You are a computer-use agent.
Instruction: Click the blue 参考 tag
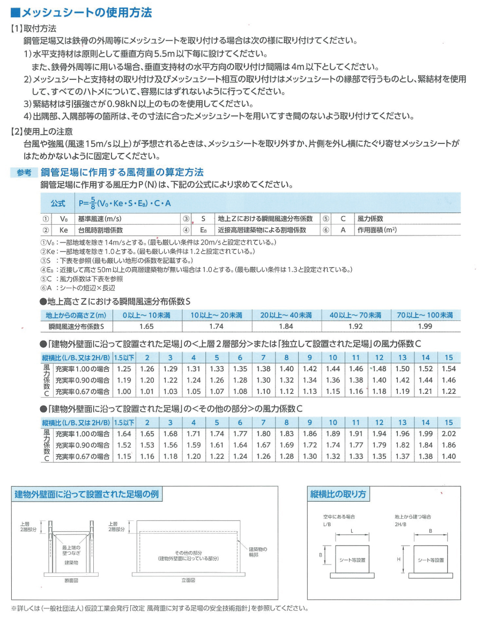pos(24,173)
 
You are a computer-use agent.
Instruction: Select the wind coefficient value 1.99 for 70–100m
pos(425,326)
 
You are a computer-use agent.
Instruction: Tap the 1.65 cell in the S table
pos(146,326)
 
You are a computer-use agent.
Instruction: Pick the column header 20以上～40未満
pos(286,315)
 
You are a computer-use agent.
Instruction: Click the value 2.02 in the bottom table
pos(449,434)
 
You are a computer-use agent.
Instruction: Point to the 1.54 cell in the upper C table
pos(449,369)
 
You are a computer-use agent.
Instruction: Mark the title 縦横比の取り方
pos(338,494)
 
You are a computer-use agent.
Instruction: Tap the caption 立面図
pos(188,581)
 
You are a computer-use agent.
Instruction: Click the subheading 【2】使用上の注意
pos(42,131)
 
